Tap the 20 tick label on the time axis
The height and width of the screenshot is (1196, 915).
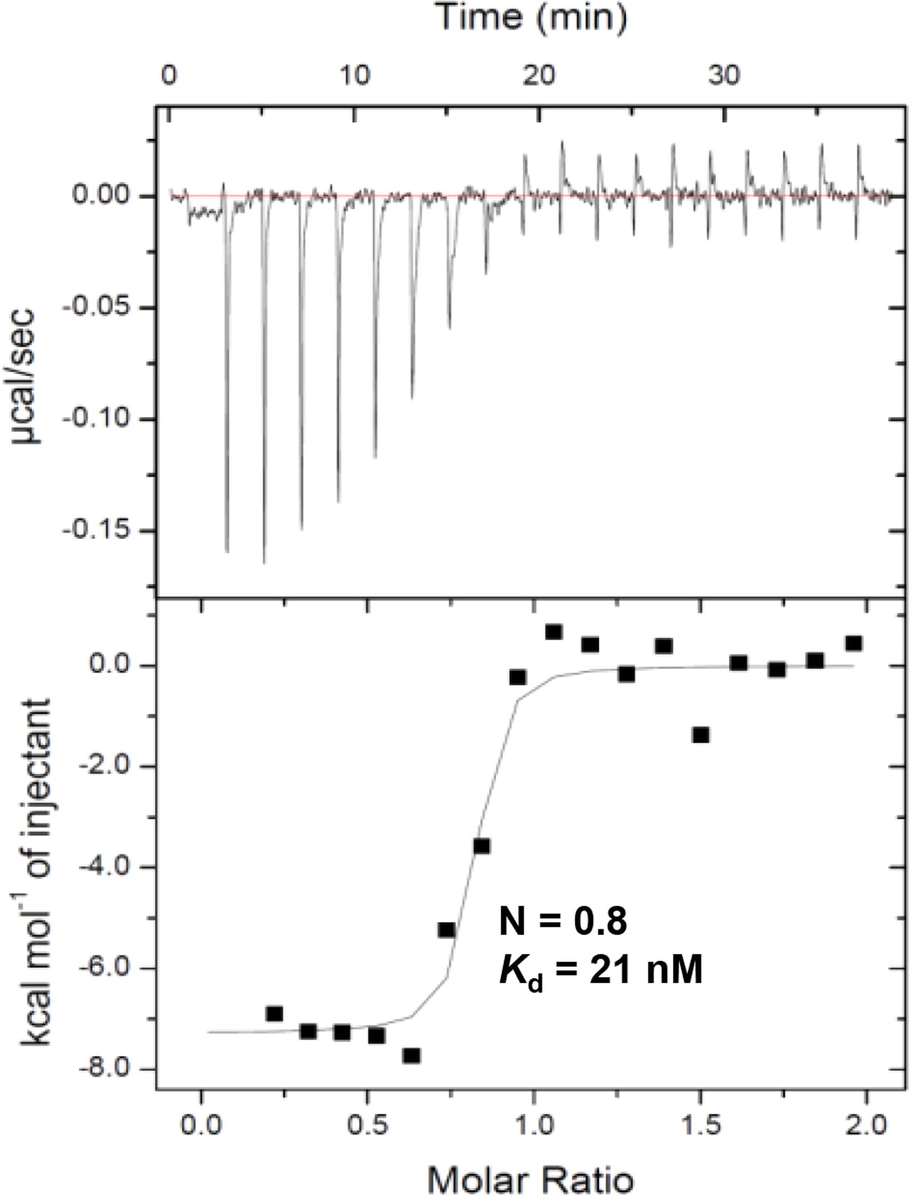coord(539,75)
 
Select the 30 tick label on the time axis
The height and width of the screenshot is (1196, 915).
coord(724,75)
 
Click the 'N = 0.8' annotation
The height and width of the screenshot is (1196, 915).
coord(563,922)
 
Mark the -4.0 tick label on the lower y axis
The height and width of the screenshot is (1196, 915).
coord(111,867)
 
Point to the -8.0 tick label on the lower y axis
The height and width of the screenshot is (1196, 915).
coord(111,1069)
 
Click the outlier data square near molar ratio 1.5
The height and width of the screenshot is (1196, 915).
coord(701,735)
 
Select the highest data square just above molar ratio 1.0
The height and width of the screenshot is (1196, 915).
coord(554,632)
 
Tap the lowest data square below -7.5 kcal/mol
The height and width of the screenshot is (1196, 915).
coord(412,1056)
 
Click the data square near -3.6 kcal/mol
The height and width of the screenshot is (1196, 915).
coord(481,846)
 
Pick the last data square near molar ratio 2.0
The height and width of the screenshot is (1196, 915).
coord(854,643)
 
